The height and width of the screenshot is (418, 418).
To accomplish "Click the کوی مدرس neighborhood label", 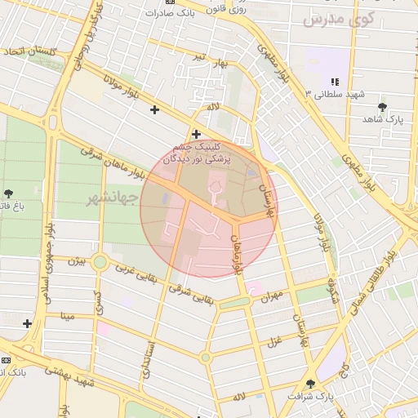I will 338,19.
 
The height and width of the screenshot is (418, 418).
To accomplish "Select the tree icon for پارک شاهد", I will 382,107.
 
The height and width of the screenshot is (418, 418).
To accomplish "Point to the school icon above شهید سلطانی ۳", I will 334,82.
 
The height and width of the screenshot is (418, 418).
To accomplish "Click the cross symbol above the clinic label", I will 196,134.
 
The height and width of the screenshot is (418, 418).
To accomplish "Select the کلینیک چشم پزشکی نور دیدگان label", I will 197,154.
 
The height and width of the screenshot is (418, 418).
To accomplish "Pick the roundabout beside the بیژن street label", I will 100,262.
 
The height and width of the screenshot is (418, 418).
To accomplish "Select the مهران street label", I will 272,298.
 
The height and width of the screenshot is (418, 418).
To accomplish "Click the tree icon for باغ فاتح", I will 9,193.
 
